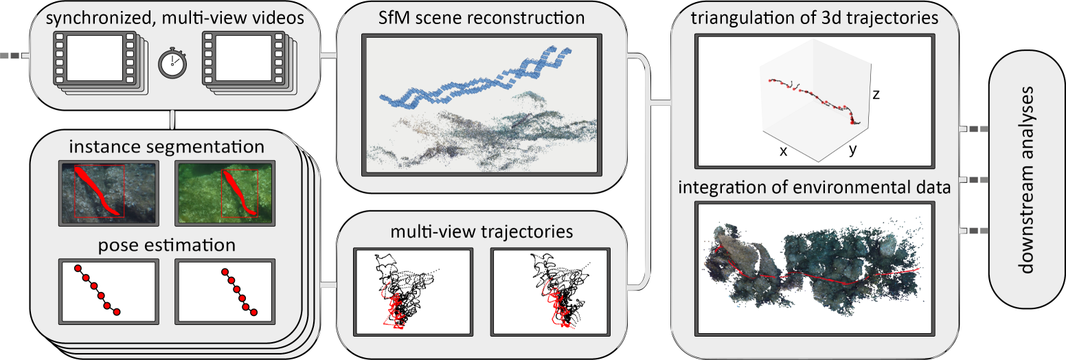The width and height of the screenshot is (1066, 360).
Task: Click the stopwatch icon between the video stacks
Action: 172,64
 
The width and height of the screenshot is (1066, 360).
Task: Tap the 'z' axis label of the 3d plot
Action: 876,95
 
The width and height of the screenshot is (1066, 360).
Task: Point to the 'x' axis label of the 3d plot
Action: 783,151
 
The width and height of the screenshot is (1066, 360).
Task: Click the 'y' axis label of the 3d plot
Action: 853,150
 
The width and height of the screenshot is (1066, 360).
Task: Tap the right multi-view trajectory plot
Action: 551,291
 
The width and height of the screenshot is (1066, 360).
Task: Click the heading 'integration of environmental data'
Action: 814,187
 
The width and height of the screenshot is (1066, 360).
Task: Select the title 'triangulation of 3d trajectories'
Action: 814,19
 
